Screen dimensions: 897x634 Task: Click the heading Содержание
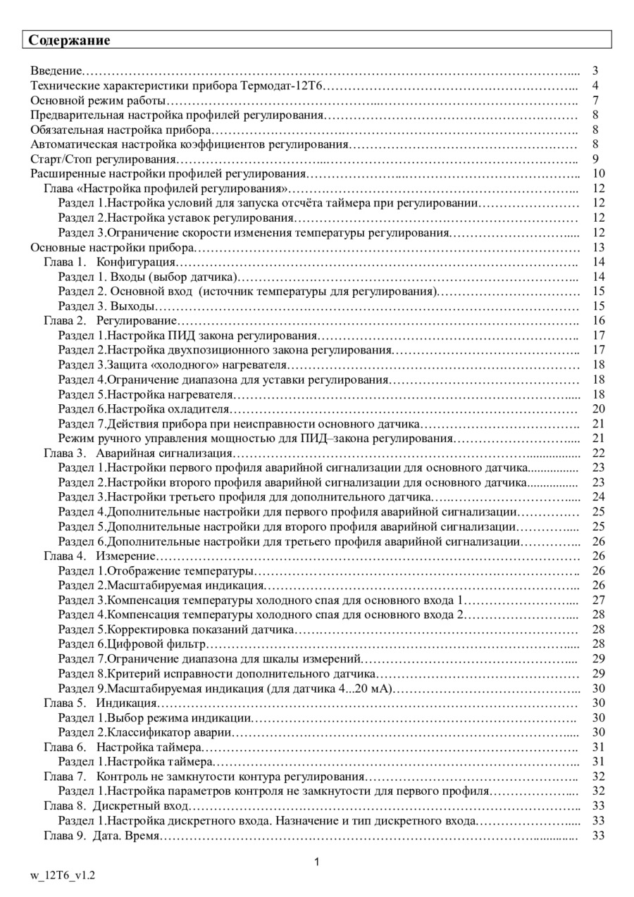click(x=69, y=40)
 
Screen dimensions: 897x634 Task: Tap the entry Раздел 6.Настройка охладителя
click(x=144, y=409)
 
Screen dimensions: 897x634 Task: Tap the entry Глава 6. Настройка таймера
click(x=123, y=747)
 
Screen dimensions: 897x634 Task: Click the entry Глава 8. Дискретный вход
click(x=116, y=805)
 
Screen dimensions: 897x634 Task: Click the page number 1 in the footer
click(x=317, y=862)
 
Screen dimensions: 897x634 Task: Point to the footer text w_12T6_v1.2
click(x=62, y=875)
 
